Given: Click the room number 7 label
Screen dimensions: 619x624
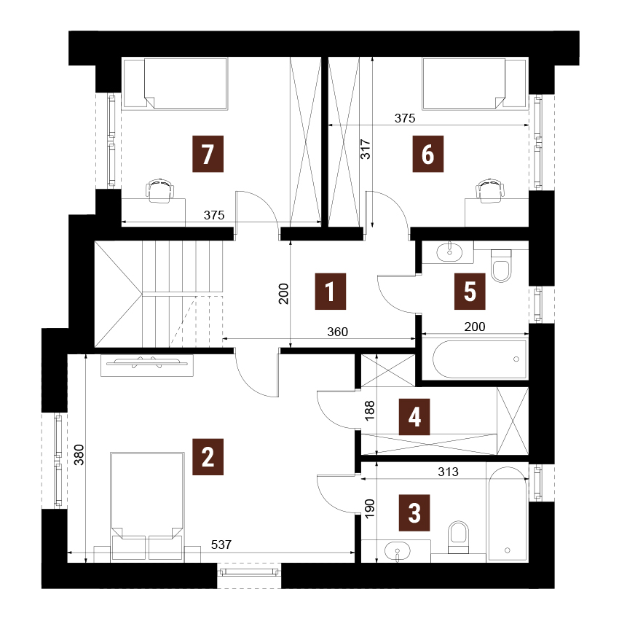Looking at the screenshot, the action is (208, 154).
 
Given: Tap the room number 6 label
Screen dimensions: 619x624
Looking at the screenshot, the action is (427, 154).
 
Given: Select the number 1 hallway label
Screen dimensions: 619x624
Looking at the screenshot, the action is (331, 292).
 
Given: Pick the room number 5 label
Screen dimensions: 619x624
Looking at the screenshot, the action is (470, 292).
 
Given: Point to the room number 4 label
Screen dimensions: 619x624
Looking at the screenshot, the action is (414, 417).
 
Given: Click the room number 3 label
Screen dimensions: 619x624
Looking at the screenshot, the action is (414, 512).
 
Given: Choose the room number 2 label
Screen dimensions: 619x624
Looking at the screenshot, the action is (208, 457).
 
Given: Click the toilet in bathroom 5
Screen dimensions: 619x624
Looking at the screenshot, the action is (501, 265).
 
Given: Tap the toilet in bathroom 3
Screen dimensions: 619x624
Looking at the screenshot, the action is (458, 537).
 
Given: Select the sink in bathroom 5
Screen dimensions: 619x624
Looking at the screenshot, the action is (449, 251).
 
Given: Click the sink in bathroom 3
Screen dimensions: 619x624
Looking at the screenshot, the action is (398, 552).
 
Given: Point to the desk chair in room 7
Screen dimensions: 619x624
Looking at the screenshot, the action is (160, 190).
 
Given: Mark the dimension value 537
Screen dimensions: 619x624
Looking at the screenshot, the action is (221, 545).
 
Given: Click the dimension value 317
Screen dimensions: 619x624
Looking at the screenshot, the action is (366, 149).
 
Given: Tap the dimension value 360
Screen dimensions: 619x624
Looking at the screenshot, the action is (337, 332).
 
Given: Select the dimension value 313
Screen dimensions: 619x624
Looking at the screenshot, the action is (448, 472).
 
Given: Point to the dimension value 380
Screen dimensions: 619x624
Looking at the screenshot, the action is (79, 455).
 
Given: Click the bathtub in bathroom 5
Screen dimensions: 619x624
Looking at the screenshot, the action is (479, 359).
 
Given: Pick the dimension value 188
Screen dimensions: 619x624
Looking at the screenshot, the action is (370, 410).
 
